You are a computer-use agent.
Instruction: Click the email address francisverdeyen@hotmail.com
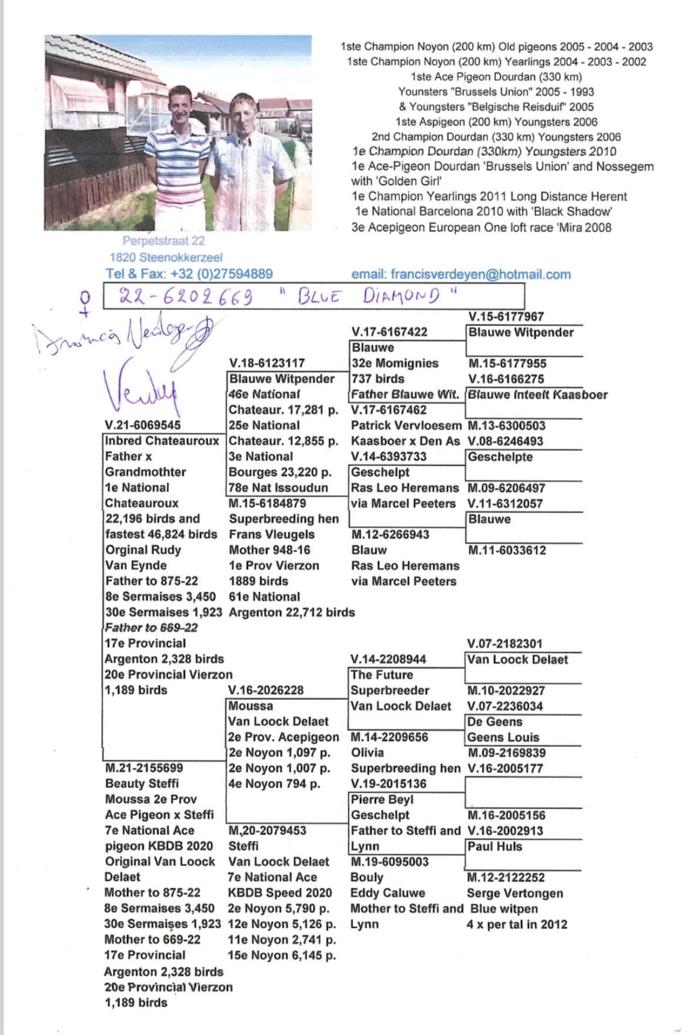tap(460, 274)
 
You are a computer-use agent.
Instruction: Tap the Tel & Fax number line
tap(189, 274)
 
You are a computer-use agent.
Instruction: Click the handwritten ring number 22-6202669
tap(186, 296)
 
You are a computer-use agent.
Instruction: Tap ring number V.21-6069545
tap(143, 425)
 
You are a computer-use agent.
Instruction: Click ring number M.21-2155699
tap(144, 768)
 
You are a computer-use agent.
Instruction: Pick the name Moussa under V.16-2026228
tap(251, 706)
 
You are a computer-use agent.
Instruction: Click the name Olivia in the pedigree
tap(367, 753)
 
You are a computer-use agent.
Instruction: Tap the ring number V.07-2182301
tap(504, 643)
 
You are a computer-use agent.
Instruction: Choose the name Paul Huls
tap(494, 847)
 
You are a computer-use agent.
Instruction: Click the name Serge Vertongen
tap(514, 893)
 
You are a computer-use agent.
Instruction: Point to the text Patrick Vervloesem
tap(406, 425)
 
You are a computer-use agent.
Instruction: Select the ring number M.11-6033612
tap(507, 550)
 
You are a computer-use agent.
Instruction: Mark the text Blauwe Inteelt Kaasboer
tap(537, 395)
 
